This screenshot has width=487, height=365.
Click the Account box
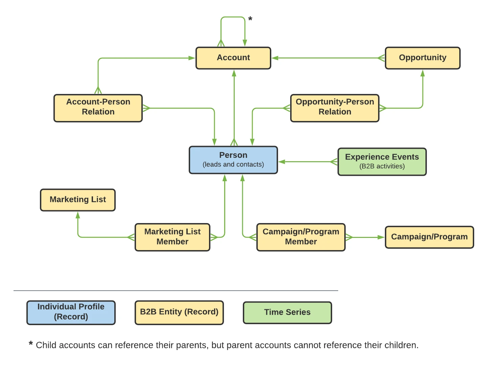[233, 58]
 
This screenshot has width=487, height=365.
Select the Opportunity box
[422, 58]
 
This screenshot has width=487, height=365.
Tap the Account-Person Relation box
[98, 108]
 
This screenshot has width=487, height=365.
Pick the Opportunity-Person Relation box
[334, 108]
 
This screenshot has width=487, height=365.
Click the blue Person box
[233, 160]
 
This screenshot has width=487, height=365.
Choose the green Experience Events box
[382, 162]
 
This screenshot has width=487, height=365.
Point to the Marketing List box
[78, 200]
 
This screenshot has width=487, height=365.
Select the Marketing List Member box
[172, 237]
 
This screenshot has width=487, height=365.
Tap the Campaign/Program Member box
[301, 237]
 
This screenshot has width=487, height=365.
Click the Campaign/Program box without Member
[429, 237]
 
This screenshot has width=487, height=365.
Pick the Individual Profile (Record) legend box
[71, 313]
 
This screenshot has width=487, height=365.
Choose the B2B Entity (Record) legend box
[179, 313]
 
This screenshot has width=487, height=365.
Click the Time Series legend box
[287, 313]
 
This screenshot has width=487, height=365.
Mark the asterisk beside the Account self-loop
[250, 19]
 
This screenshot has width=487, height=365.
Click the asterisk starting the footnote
[31, 343]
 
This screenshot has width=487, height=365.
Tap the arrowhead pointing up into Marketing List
[78, 215]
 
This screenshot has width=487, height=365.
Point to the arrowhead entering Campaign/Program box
[381, 237]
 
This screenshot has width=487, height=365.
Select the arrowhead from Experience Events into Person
[282, 162]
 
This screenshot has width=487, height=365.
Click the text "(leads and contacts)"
[233, 165]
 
